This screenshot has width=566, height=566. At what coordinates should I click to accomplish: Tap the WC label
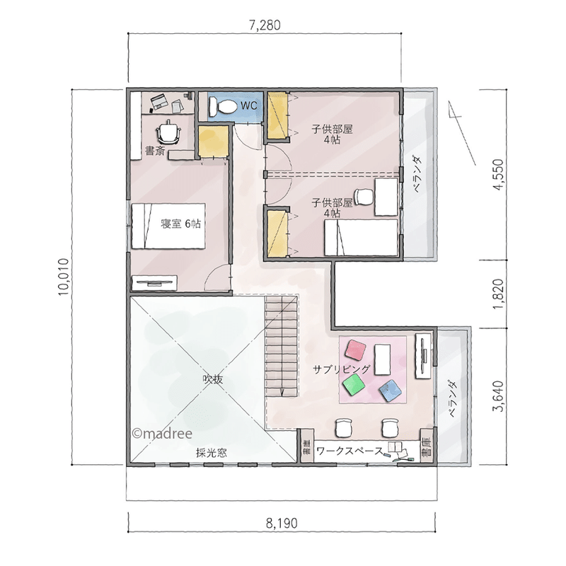point(249,105)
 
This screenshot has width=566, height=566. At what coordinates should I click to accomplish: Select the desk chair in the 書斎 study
point(168,132)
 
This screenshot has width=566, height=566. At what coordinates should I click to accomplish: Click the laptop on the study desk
point(158,101)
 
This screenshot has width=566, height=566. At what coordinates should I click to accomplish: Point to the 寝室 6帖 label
point(180,224)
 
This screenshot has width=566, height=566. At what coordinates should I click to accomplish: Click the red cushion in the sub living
point(356,350)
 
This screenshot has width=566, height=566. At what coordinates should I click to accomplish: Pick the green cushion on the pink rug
point(354,385)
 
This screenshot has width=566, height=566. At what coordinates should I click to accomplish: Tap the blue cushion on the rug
point(391,391)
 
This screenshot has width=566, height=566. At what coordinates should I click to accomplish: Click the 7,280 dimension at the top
point(265,25)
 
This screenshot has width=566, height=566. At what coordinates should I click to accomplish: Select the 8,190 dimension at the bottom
point(282,523)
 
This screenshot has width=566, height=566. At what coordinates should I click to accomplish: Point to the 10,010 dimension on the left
point(64,277)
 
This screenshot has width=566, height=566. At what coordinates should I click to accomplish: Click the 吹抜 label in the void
point(213,379)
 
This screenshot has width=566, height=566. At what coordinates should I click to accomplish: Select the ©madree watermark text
point(162,433)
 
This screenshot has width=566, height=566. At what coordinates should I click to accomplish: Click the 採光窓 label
point(212,453)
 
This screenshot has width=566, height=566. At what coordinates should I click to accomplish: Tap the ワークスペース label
point(350,451)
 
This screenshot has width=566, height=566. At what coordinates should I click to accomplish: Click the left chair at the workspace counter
point(343,427)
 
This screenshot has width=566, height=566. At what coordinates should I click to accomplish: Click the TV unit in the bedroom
point(154,282)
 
